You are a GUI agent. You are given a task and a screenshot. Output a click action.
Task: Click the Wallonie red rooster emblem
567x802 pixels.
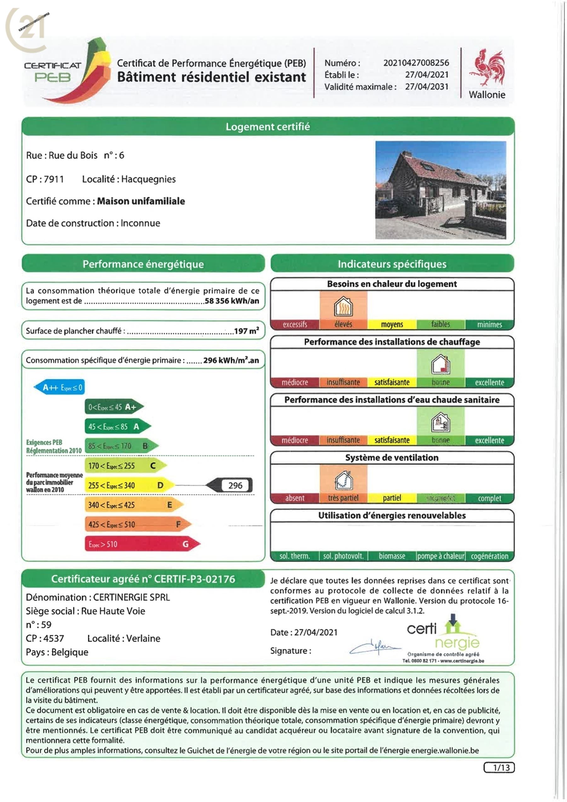pyautogui.click(x=487, y=68)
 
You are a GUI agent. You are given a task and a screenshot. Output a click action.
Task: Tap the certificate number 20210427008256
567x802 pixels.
pyautogui.click(x=416, y=63)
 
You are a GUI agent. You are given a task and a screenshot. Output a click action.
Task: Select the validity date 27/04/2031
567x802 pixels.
pyautogui.click(x=427, y=87)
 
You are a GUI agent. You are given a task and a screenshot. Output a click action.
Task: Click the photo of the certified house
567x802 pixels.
pyautogui.click(x=440, y=190)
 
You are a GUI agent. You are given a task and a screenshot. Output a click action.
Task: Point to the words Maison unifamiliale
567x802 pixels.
pyautogui.click(x=141, y=201)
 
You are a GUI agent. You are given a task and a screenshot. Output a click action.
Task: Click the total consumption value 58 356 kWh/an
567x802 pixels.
pyautogui.click(x=232, y=301)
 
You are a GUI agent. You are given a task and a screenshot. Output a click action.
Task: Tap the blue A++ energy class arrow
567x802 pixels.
pyautogui.click(x=59, y=387)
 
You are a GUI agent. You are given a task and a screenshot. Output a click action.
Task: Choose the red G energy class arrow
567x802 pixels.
pyautogui.click(x=141, y=544)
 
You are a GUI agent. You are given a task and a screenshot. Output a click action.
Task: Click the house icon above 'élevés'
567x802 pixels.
pyautogui.click(x=343, y=306)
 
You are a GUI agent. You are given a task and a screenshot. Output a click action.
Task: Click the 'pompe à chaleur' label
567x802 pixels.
pyautogui.click(x=441, y=556)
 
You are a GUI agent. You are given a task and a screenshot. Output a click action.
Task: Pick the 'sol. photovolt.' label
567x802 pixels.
pyautogui.click(x=343, y=556)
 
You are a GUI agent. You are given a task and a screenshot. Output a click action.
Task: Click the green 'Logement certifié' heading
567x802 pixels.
pyautogui.click(x=267, y=126)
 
